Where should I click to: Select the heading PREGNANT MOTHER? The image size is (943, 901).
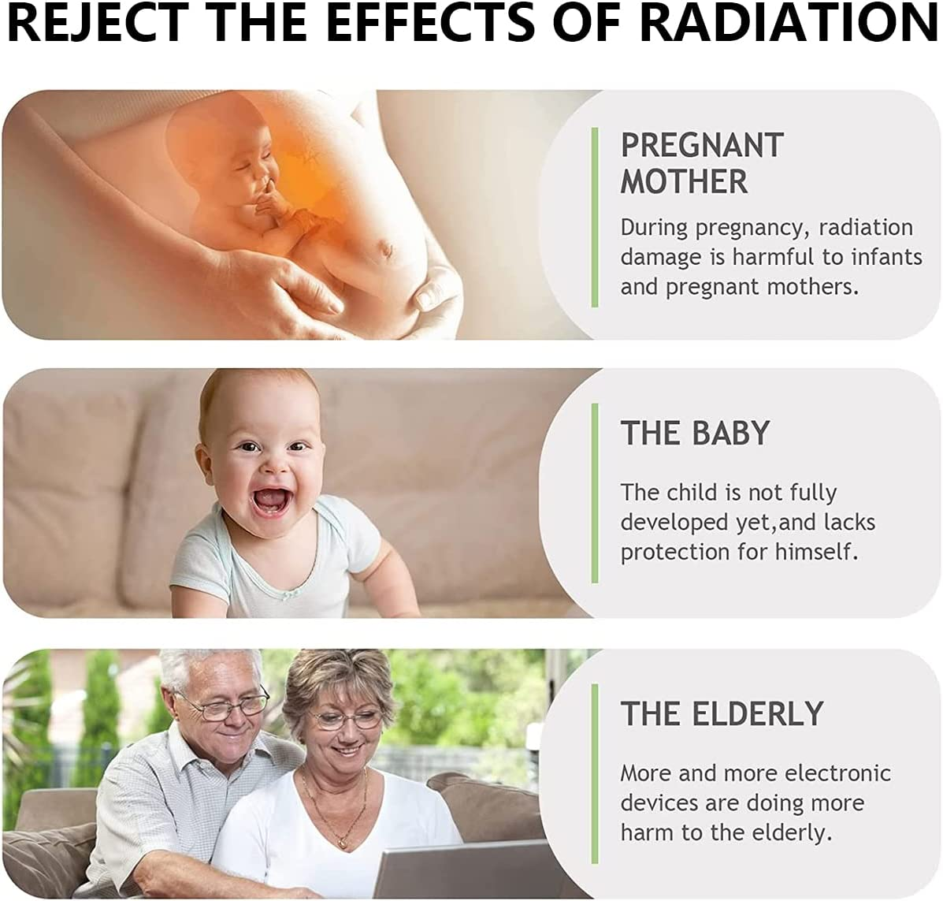point(702,163)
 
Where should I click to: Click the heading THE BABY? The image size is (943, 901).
point(695,433)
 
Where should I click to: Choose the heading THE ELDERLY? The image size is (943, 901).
point(722,714)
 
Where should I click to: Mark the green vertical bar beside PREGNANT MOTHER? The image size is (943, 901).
point(595,218)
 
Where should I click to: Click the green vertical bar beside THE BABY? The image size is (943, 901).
point(595,493)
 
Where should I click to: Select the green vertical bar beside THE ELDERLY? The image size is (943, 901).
point(595,774)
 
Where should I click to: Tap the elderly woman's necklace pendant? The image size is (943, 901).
point(342,843)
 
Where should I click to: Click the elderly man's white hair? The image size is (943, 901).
point(205,668)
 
